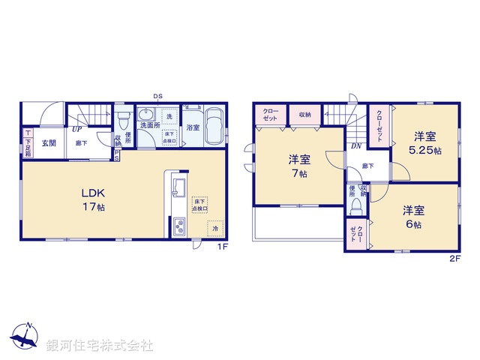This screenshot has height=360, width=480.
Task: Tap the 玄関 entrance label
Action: (x=49, y=143)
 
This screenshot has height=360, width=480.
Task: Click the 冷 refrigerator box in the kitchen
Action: (x=214, y=228)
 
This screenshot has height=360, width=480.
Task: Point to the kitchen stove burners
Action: (x=179, y=224)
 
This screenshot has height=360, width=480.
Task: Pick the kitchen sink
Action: (x=179, y=187)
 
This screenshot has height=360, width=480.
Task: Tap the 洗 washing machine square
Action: (x=169, y=117)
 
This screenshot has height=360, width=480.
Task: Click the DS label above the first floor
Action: (x=158, y=96)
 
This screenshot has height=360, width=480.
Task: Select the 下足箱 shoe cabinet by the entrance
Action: (x=27, y=142)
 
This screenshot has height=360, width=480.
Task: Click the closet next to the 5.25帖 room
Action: (x=379, y=121)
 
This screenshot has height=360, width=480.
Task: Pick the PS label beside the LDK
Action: (x=117, y=154)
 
